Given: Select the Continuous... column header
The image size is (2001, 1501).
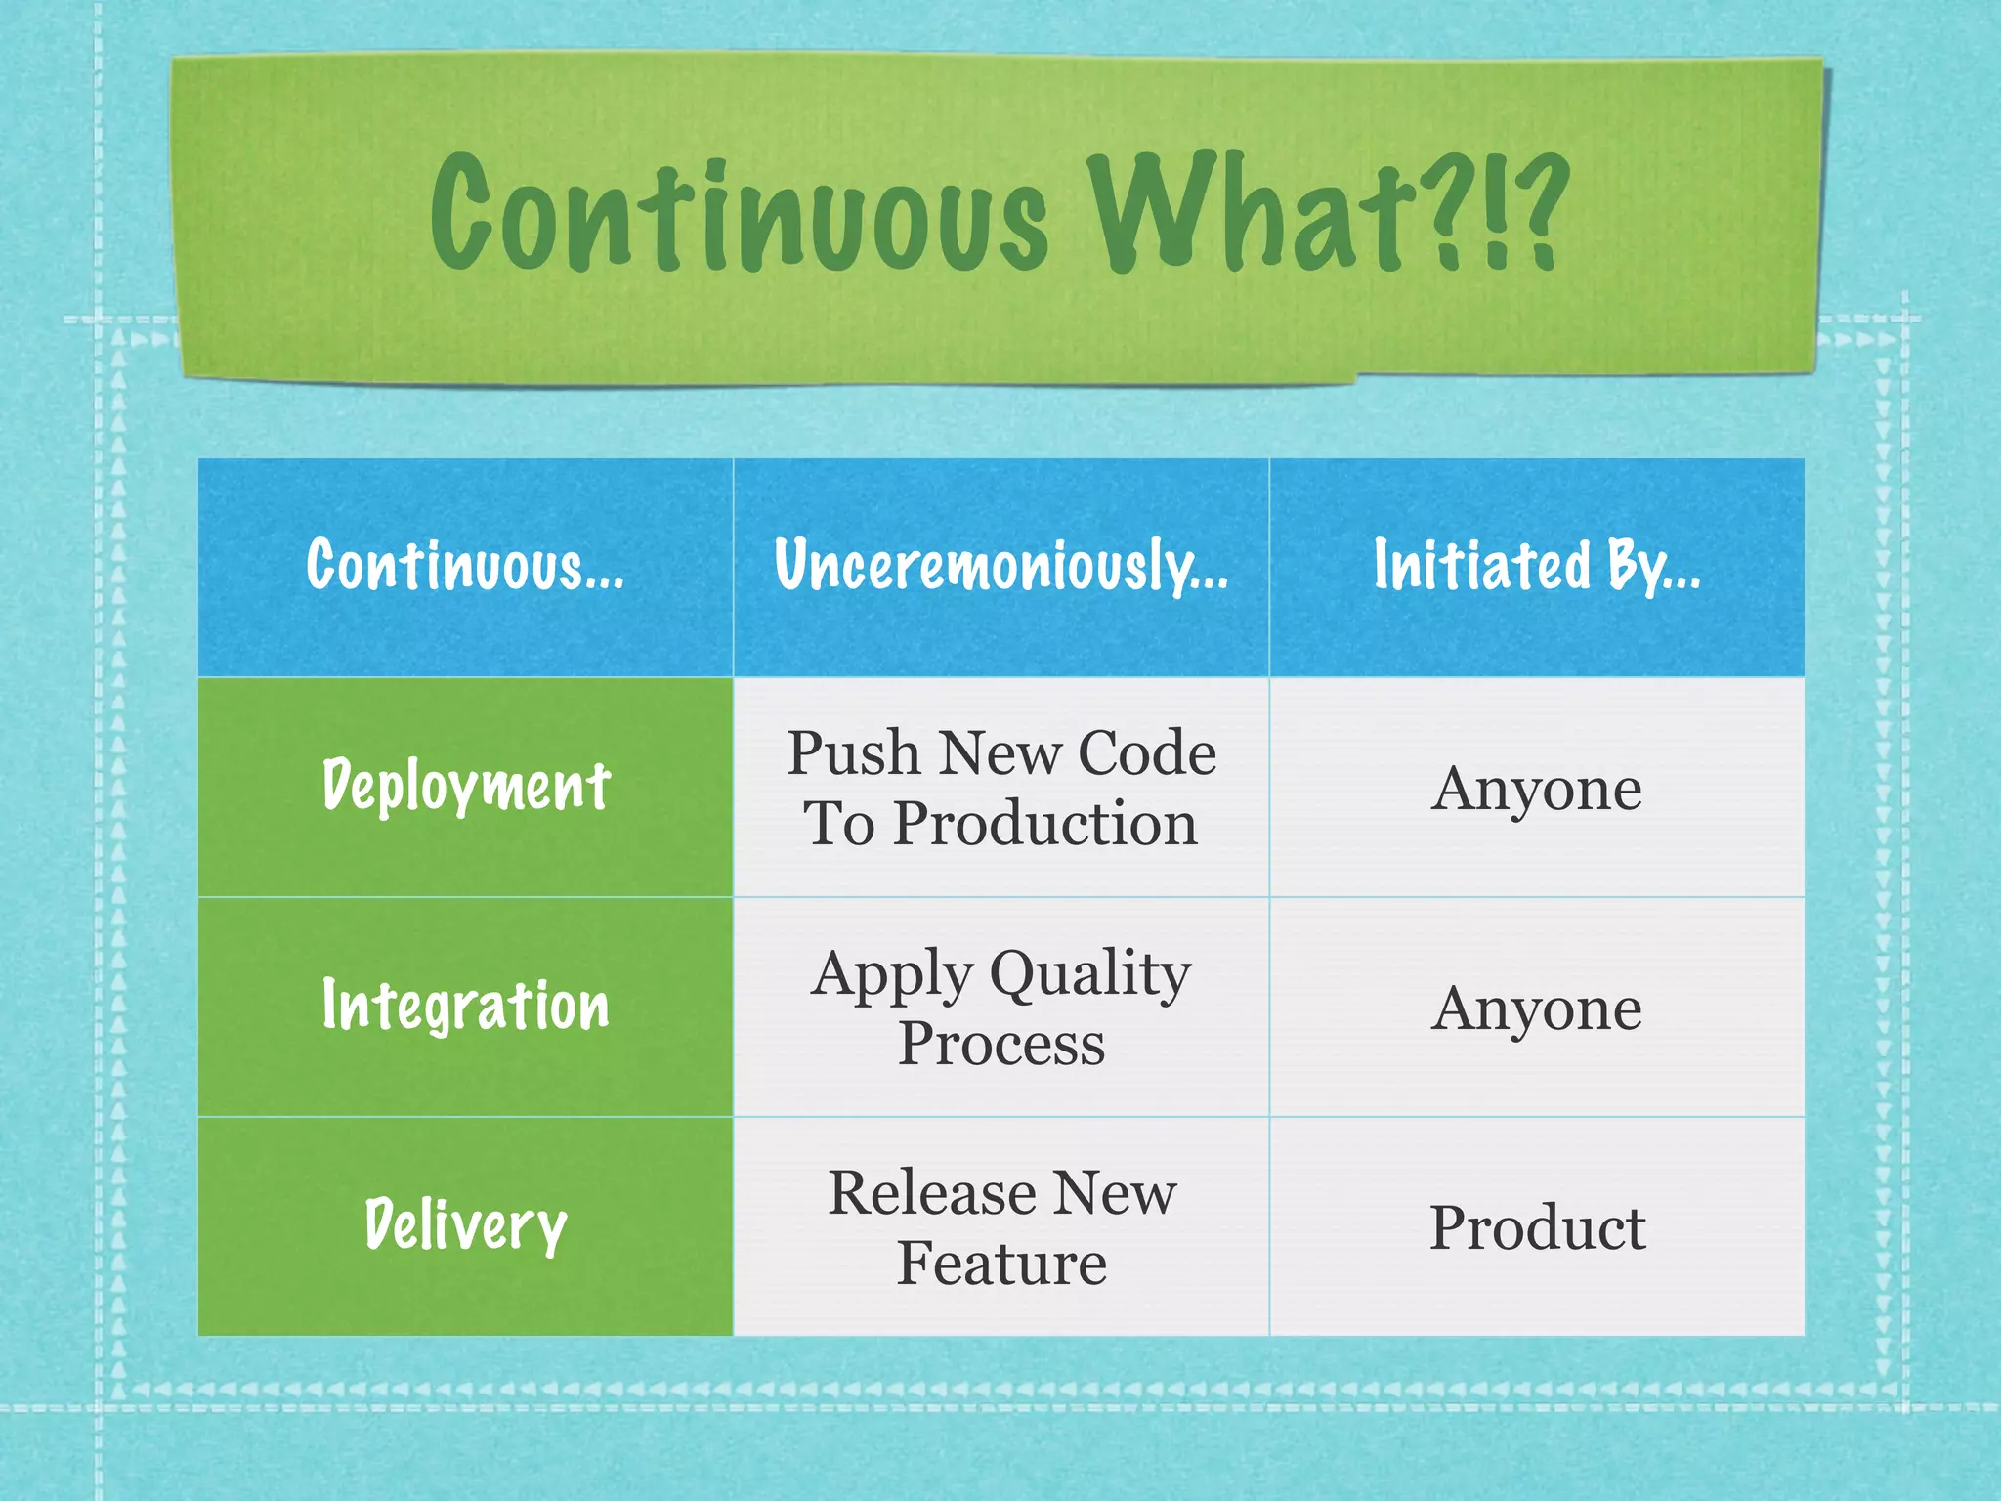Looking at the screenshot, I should point(465,566).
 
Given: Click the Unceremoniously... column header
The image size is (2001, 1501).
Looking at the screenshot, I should point(1001,566).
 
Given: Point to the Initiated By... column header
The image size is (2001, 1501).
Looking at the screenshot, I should point(1537,566).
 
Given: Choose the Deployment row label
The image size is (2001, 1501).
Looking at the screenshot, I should point(466,787).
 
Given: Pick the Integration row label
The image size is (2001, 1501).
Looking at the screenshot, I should point(466,1007).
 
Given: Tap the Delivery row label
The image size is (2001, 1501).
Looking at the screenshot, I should point(466,1226).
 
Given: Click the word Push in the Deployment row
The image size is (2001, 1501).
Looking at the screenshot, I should point(854,753).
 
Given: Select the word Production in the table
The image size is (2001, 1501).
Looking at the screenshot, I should point(1045,824).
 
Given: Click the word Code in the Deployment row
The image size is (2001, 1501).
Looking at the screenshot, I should point(1147,753).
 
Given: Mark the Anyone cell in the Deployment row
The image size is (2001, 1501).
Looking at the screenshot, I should point(1537,789).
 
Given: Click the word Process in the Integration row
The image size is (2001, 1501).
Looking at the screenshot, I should point(1001,1044).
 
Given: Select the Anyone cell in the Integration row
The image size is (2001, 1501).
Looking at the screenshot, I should point(1537,1008).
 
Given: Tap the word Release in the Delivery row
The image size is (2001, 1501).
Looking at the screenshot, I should point(932,1193).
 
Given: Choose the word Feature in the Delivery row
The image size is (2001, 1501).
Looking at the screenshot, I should point(1001,1264).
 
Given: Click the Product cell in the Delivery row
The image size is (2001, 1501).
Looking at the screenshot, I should point(1537,1228).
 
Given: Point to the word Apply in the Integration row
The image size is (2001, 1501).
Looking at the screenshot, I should point(893,975).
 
